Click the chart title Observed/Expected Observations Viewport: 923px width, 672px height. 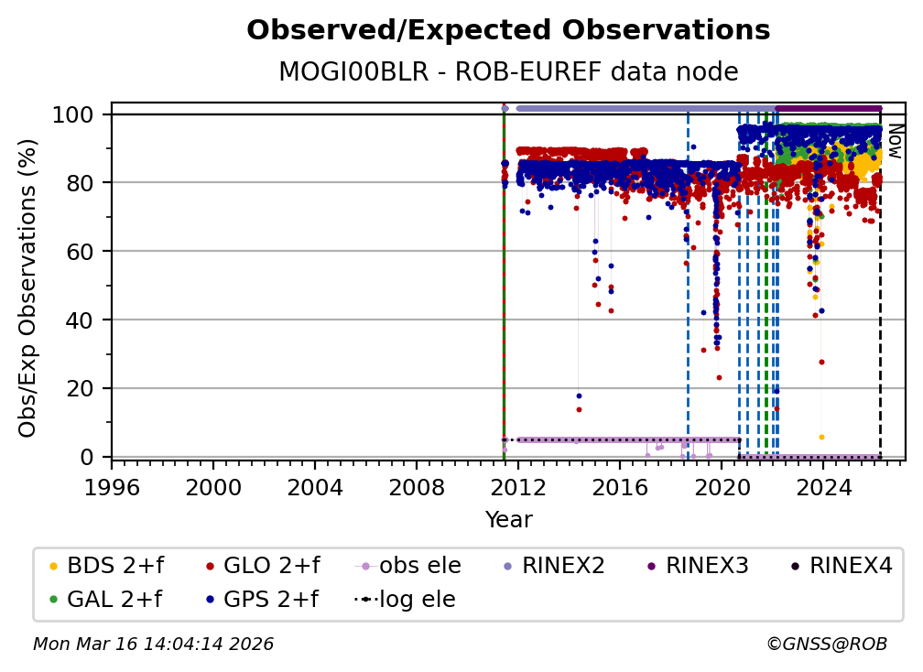508,30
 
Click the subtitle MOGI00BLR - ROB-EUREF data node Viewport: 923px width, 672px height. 508,71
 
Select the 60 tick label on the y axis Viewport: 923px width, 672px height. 82,251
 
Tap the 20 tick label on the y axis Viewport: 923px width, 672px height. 82,388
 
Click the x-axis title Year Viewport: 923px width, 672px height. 508,520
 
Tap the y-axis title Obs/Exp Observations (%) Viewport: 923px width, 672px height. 28,287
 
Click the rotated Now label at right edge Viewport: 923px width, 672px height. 896,141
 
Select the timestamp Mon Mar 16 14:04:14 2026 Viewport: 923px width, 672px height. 153,645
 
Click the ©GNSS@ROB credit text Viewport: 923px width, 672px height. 827,645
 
